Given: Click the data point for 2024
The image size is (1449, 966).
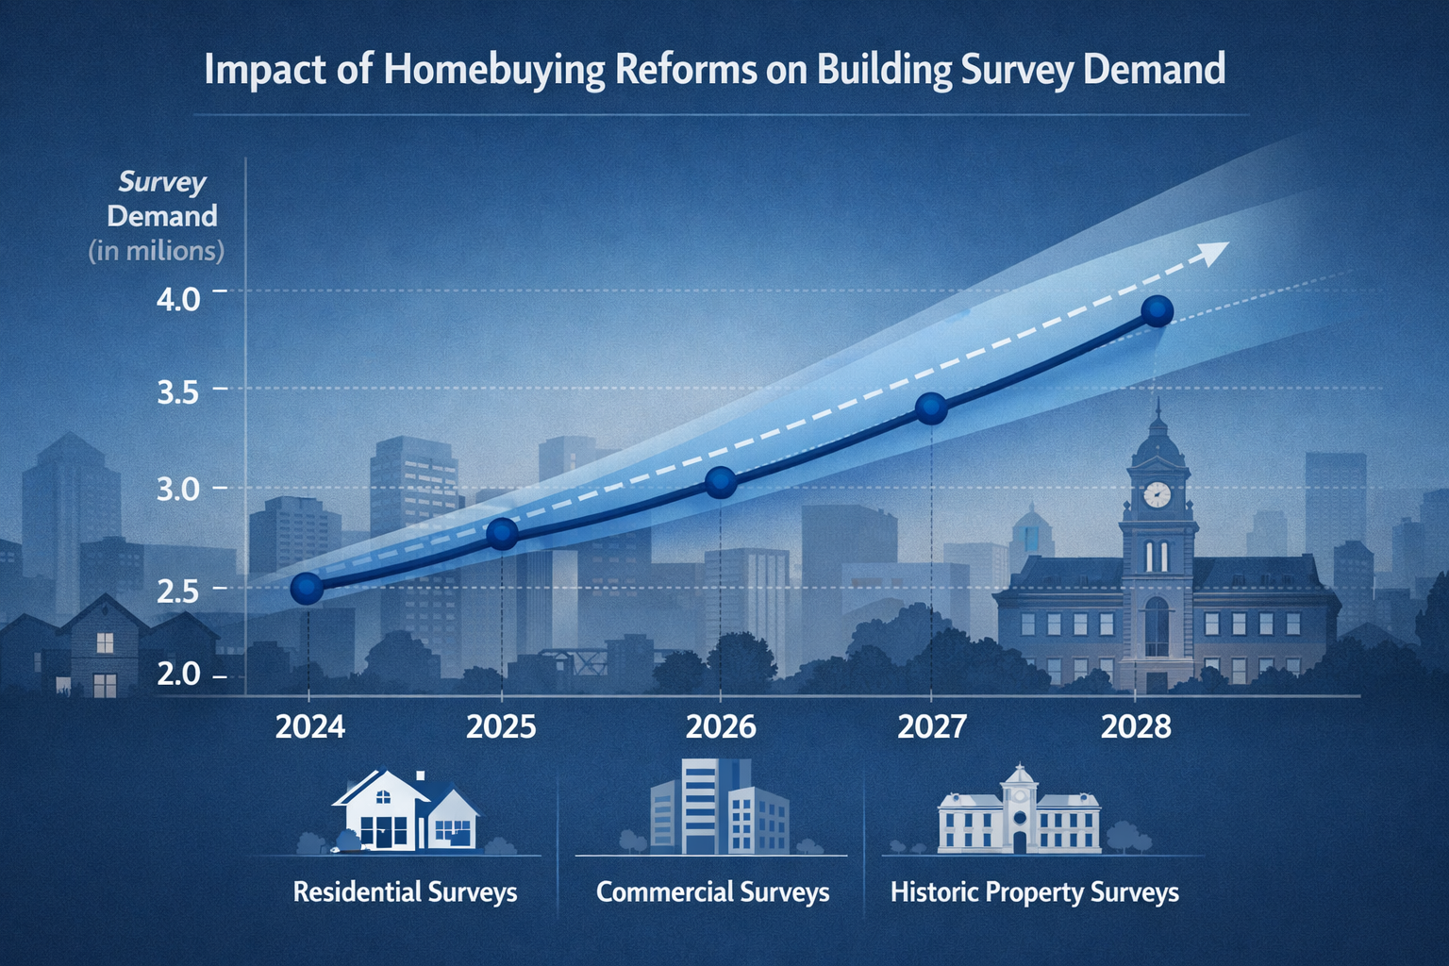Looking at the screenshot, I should [307, 589].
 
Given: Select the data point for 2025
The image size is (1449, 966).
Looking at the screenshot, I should [502, 533].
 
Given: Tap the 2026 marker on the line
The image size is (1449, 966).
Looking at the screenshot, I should [721, 482].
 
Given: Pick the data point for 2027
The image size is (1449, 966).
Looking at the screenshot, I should [931, 408].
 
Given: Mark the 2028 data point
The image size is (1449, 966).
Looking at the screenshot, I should [1157, 310].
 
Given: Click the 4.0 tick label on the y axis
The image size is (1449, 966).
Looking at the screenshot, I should [178, 300].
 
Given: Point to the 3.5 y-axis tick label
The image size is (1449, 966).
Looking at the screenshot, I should [178, 392].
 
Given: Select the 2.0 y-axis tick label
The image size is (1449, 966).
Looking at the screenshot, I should [178, 674].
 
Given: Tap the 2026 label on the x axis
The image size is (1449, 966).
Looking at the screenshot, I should [721, 726].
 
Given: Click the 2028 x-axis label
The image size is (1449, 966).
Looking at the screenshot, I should [1136, 726].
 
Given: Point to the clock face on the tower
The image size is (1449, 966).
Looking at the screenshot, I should [1157, 494].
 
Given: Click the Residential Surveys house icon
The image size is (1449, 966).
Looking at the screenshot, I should [406, 811].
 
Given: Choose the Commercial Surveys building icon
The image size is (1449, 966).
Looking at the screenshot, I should [719, 807].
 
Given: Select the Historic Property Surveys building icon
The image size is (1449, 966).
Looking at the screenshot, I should [1019, 811].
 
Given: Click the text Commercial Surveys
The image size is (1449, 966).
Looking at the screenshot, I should [712, 892].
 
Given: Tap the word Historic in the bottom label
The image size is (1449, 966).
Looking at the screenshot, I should [934, 892].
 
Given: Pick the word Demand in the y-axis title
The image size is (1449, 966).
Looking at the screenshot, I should [162, 216].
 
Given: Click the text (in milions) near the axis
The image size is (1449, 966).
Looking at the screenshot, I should [157, 251].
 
